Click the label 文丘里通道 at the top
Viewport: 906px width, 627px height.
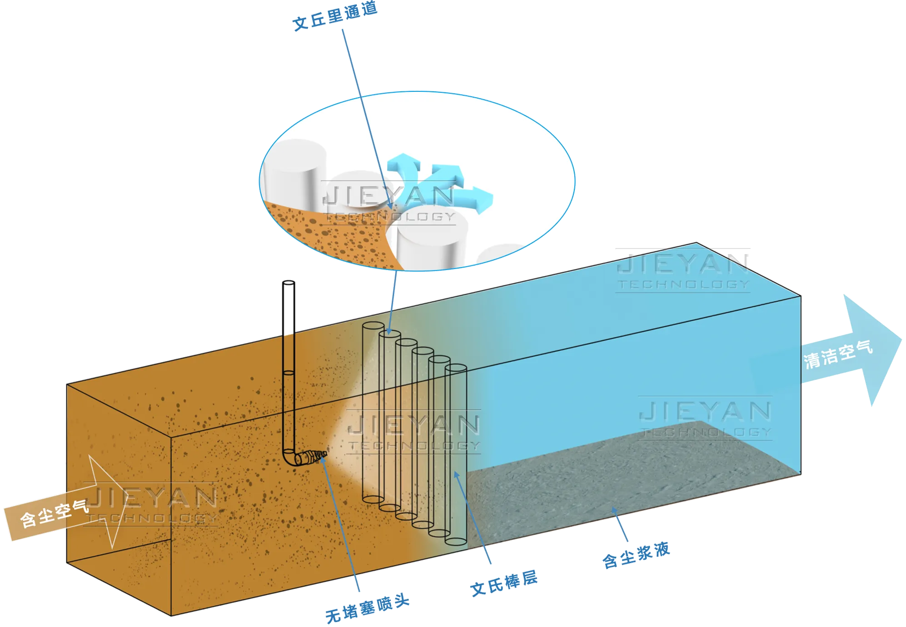(335, 17)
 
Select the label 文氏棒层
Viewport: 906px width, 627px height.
(503, 582)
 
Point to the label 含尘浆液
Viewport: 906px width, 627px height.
(636, 555)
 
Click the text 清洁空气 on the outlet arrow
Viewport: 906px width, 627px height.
(839, 354)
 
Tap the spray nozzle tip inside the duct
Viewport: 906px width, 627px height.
(324, 453)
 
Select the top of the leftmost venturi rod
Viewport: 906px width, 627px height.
(373, 326)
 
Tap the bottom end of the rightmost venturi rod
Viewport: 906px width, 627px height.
(456, 541)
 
